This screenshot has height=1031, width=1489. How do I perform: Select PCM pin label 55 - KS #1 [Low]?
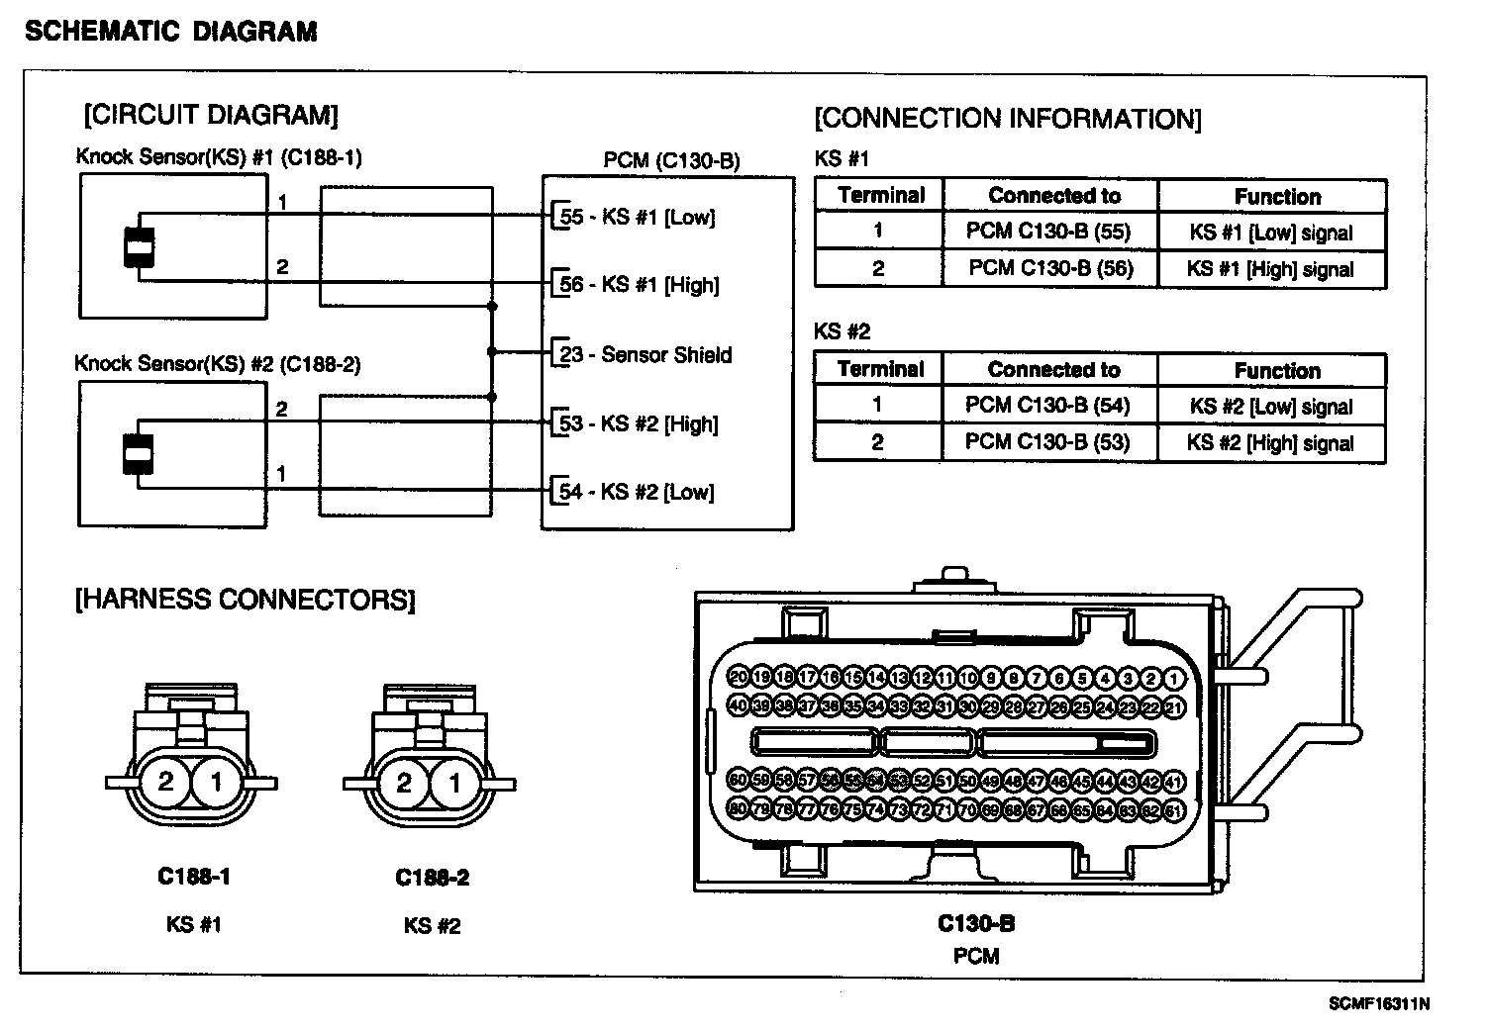tap(638, 217)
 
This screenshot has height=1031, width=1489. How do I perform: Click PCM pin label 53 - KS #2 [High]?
tap(639, 423)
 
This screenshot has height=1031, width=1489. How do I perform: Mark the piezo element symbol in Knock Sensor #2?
tap(139, 454)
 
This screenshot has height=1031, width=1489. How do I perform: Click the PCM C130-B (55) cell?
tap(1048, 232)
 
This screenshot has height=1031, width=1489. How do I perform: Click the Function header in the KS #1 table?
tap(1277, 196)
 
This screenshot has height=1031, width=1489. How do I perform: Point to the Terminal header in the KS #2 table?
tap(880, 369)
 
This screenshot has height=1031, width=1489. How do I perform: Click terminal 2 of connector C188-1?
tap(165, 783)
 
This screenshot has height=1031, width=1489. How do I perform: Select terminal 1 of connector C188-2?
tap(454, 784)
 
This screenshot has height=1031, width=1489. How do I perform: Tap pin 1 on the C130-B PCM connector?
tap(1174, 679)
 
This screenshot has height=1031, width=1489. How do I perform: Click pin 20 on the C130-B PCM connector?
tap(739, 678)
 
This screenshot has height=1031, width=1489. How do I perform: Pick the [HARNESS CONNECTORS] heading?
tap(246, 600)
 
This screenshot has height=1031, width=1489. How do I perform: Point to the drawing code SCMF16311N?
tap(1379, 1004)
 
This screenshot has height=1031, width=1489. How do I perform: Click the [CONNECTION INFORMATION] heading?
tap(1008, 120)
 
